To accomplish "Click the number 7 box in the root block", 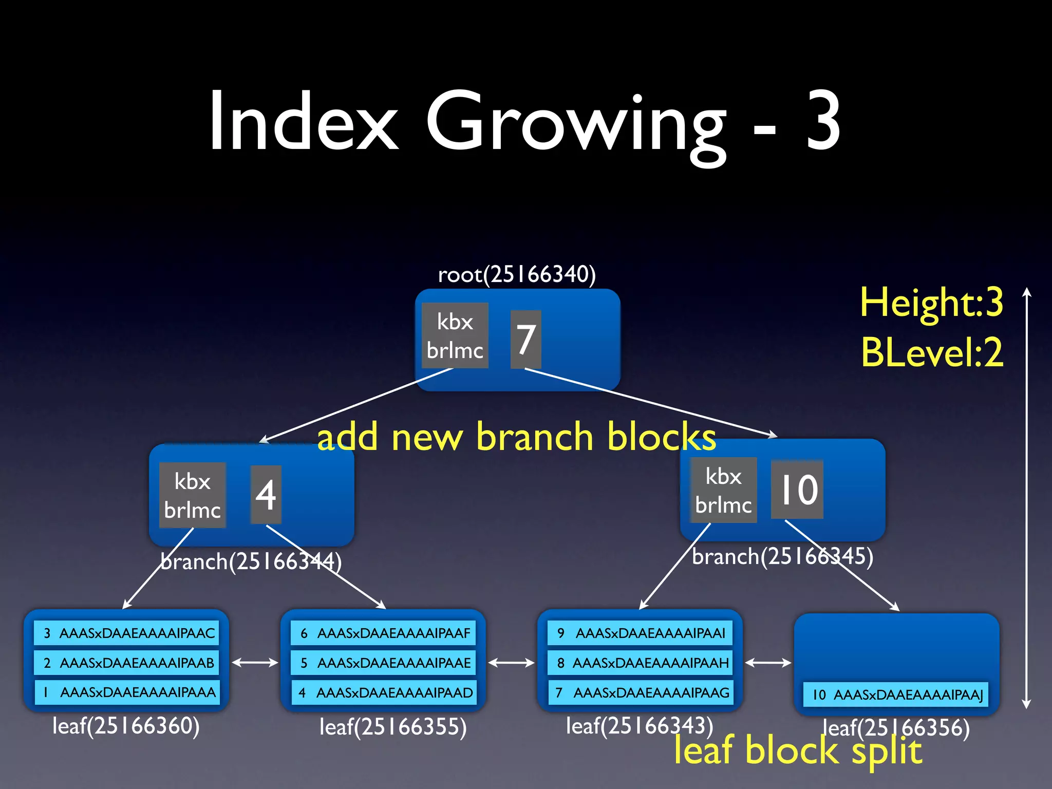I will [x=525, y=339].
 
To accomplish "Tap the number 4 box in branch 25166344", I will [x=266, y=495].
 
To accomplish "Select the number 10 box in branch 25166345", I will [x=797, y=490].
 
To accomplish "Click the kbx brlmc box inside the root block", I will [x=455, y=335].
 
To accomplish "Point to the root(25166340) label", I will [x=517, y=274].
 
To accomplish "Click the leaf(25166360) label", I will [x=126, y=726].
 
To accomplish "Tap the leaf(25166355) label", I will [x=393, y=727].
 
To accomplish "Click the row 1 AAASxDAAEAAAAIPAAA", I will [x=127, y=692].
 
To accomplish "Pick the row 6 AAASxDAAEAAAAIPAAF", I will [x=384, y=633].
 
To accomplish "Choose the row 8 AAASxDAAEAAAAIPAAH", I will [x=641, y=663].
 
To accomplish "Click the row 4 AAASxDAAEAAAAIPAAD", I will [x=384, y=692].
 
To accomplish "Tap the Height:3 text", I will [x=931, y=302].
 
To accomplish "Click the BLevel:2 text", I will [x=932, y=352].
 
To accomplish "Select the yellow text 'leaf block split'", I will [x=798, y=751].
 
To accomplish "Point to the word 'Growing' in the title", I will [x=575, y=123].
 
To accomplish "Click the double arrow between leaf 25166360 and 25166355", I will [x=255, y=663].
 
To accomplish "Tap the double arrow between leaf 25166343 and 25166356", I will [x=768, y=663].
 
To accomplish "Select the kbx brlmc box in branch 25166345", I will [x=723, y=490].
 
